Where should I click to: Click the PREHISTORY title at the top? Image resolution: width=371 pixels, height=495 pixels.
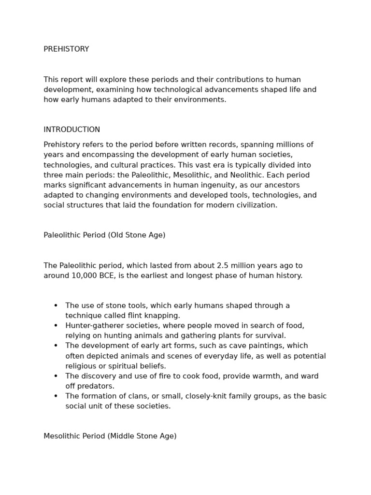[x=66, y=49]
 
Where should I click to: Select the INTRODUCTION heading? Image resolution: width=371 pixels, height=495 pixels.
[x=71, y=130]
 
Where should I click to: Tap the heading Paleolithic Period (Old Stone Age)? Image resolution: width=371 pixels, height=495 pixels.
[x=104, y=235]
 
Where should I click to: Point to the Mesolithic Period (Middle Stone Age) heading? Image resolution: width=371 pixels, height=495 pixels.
[x=110, y=436]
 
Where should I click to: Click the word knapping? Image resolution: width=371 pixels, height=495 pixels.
[x=162, y=316]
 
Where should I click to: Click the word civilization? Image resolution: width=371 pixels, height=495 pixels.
[x=253, y=205]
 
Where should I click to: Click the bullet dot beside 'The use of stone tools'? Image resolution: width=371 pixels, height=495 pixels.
[x=56, y=306]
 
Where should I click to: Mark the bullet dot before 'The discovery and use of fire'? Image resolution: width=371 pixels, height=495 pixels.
[x=56, y=376]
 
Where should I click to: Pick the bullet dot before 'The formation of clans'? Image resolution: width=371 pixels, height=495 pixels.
[x=56, y=396]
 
